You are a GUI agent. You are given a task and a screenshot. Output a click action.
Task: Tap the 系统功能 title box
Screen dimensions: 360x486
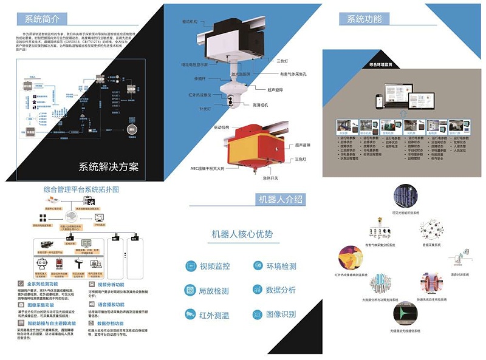(x=365, y=19)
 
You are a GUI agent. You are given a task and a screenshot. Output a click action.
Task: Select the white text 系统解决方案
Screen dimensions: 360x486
(x=109, y=166)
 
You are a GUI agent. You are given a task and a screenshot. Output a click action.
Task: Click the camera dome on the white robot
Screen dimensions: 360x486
(x=234, y=101)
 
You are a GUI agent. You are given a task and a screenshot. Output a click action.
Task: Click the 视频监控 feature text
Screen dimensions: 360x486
(x=214, y=266)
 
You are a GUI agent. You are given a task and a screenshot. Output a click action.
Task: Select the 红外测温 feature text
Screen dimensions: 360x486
(x=214, y=314)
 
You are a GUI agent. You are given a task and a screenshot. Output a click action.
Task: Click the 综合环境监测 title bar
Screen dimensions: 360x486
(x=381, y=63)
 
